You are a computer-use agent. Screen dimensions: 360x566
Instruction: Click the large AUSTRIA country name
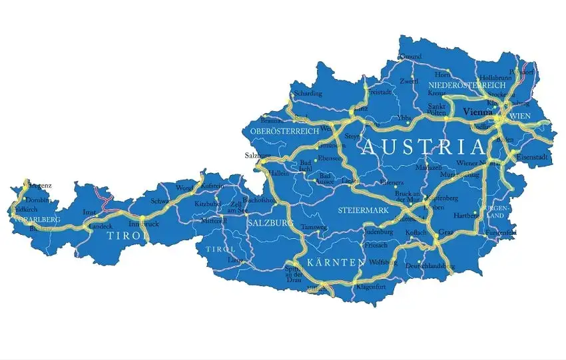(423, 148)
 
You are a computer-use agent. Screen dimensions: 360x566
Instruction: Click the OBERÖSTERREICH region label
(285, 132)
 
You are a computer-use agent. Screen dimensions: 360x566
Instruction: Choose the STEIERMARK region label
(363, 211)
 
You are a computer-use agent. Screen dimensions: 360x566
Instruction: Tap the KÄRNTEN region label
(336, 262)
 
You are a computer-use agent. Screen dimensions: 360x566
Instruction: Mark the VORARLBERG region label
(37, 220)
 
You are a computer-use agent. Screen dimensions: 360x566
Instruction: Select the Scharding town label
(308, 93)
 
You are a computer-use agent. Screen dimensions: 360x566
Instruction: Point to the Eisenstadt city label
(532, 157)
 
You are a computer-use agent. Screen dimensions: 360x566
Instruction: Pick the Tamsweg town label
(314, 228)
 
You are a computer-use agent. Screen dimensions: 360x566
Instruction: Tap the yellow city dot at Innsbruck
(142, 218)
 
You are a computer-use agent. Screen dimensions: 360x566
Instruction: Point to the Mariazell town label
(429, 168)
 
